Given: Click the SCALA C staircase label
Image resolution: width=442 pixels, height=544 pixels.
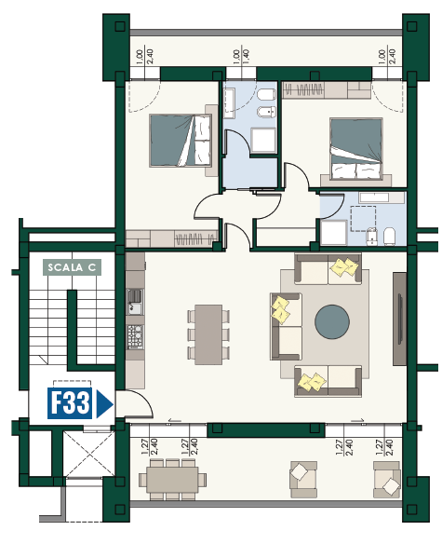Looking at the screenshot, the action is [72, 267].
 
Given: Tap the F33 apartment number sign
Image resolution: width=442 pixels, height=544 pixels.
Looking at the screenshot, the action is [70, 403].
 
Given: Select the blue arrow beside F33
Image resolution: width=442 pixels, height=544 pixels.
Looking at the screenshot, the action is [104, 404].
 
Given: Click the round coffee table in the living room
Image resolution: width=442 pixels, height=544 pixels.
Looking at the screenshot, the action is [332, 322].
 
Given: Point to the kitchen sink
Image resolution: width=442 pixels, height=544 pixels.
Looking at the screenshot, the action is [135, 301].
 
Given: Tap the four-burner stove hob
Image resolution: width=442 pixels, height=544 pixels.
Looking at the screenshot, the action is [135, 336].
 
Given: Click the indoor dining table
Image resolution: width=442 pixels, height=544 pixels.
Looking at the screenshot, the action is [208, 334].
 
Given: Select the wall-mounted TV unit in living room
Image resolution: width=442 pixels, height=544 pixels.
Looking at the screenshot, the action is [399, 319].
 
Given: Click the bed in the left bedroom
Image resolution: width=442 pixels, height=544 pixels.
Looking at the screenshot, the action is [181, 141].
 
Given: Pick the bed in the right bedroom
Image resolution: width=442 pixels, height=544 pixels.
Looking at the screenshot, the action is [356, 149].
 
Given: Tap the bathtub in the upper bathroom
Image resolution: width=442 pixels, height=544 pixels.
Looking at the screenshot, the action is [230, 103].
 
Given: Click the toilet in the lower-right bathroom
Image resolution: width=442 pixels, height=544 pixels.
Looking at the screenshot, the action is [389, 237].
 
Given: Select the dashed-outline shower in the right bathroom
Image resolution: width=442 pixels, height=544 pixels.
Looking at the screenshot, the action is [363, 219].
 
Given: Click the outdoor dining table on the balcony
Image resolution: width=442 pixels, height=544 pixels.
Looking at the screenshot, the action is [172, 480].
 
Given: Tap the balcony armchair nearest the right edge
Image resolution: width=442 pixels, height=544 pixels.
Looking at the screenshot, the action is [387, 480].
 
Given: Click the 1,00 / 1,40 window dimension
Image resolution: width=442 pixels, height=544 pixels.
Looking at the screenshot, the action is [241, 56].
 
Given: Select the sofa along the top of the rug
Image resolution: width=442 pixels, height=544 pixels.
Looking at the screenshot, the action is [328, 269].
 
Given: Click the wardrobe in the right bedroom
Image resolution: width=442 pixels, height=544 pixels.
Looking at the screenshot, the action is [327, 90].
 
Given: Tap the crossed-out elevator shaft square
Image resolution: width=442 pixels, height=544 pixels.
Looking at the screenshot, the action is [88, 455].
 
